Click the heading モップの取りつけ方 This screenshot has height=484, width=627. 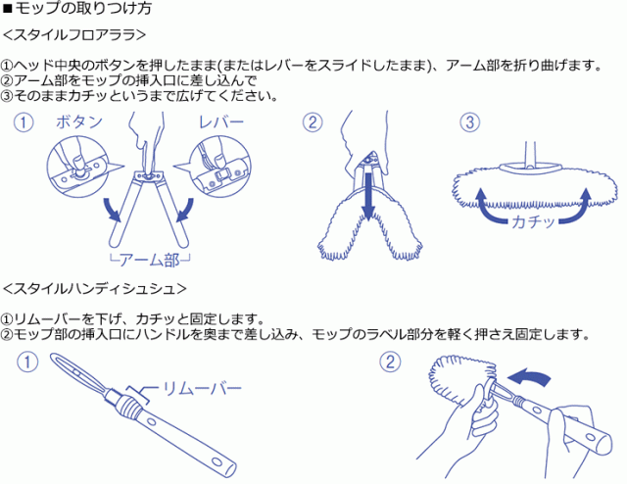click(82, 9)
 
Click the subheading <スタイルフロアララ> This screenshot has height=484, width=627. click(74, 35)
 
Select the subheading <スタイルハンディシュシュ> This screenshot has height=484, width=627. click(95, 288)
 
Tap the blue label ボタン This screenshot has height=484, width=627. click(79, 122)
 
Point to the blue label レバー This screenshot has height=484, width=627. click(221, 122)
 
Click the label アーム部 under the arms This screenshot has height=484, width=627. click(150, 261)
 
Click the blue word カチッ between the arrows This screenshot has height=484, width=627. click(533, 221)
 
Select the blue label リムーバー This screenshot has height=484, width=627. click(202, 388)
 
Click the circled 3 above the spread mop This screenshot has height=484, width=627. click(470, 122)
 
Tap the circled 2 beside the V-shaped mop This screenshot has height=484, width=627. click(313, 122)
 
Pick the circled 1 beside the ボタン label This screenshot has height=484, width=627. click(24, 122)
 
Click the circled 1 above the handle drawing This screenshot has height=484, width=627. click(27, 363)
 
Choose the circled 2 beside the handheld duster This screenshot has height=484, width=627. click(390, 363)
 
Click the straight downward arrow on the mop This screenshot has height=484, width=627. click(368, 196)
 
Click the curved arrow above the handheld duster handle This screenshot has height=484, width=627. click(530, 377)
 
